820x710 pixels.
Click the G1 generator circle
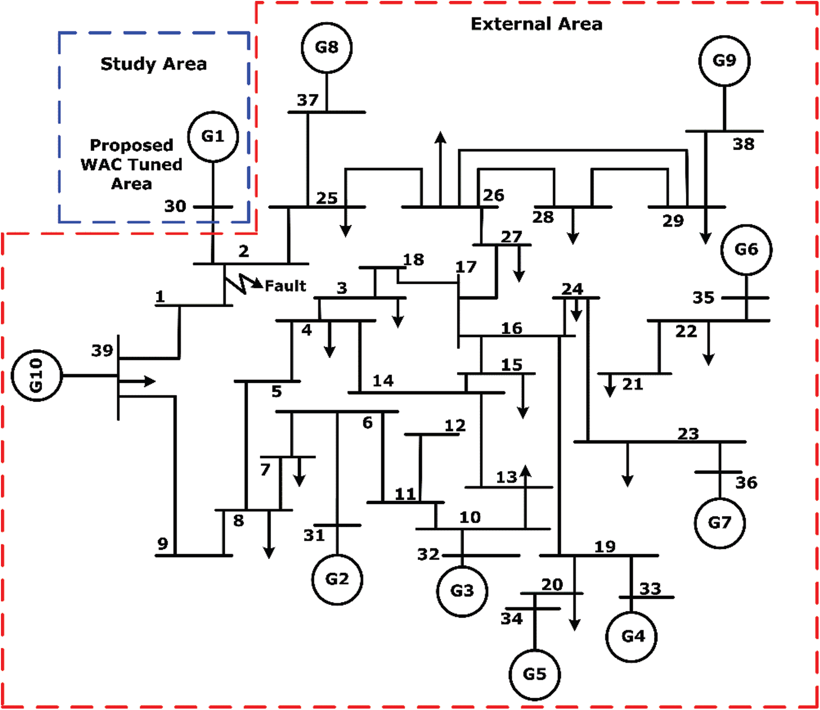point(213,136)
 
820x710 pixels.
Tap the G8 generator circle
point(327,48)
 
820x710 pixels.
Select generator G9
point(724,61)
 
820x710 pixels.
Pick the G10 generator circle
point(36,375)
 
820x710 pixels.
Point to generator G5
point(535,674)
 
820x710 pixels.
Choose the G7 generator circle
point(720,523)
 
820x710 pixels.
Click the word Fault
point(285,286)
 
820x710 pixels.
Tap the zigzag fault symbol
point(243,283)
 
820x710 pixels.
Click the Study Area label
point(154,64)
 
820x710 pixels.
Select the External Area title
point(536,24)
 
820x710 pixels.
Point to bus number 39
point(102,350)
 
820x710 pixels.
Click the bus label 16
point(512,328)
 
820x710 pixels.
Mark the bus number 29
point(673,221)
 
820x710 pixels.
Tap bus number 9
point(163,544)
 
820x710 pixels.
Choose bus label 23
point(688,434)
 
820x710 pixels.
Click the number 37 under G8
point(307,100)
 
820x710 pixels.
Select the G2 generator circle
point(337,579)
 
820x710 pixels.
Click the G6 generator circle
point(746,250)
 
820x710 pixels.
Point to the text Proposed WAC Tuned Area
point(132,164)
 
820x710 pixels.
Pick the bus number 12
point(455,426)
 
